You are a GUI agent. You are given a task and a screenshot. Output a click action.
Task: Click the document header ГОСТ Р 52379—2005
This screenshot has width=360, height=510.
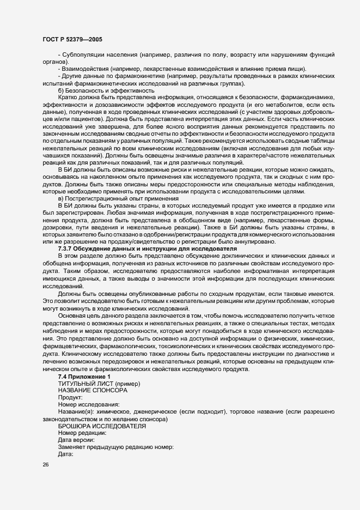[x=72, y=39]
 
